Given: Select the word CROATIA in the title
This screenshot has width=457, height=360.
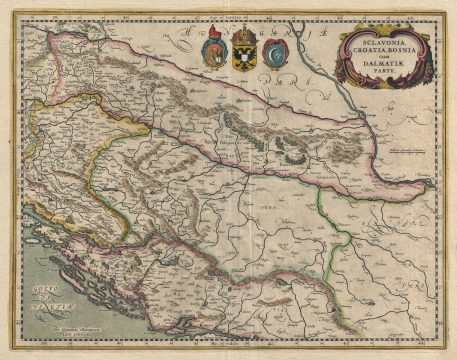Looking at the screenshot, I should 367,55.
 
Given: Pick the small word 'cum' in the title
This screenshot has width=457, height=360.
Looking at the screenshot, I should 361,65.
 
